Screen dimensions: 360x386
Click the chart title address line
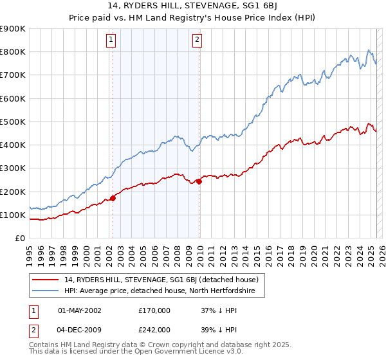tap(193, 6)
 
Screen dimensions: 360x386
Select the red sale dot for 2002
tap(113, 198)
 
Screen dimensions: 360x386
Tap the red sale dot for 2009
tap(199, 181)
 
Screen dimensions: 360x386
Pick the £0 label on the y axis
tap(19, 239)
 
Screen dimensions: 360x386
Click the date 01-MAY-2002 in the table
tap(80, 310)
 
